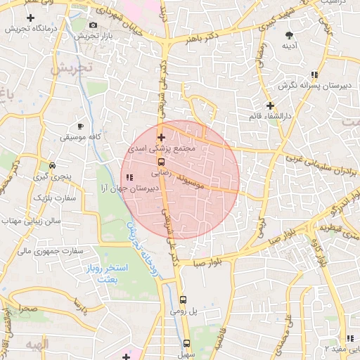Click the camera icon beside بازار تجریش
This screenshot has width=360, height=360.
pyautogui.click(x=94, y=25)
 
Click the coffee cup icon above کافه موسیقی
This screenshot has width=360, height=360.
pyautogui.click(x=81, y=126)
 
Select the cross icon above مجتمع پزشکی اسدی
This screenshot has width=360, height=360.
pyautogui.click(x=161, y=137)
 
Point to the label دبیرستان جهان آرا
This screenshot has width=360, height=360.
pyautogui.click(x=130, y=188)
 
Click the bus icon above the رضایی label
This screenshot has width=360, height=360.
pyautogui.click(x=161, y=161)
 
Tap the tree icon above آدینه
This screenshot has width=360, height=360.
pyautogui.click(x=290, y=34)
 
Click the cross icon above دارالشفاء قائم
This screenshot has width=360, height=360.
pyautogui.click(x=269, y=105)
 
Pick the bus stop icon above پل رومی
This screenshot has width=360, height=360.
pyautogui.click(x=183, y=299)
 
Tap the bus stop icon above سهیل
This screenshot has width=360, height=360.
pyautogui.click(x=186, y=343)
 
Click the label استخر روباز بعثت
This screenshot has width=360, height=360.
pyautogui.click(x=108, y=274)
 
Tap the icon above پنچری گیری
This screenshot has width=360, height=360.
pyautogui.click(x=52, y=165)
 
